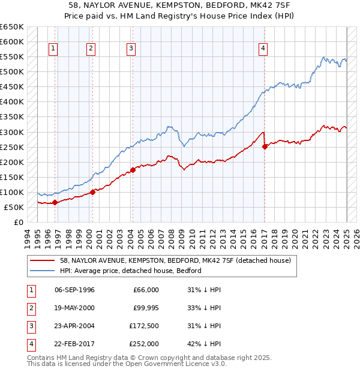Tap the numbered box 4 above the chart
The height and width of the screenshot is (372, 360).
263,49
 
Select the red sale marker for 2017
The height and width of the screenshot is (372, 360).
265,146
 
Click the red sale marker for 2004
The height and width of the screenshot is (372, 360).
133,170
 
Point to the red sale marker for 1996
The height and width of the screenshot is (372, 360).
55,202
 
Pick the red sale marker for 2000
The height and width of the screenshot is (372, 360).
93,192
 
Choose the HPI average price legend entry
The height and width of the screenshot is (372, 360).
130,271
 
